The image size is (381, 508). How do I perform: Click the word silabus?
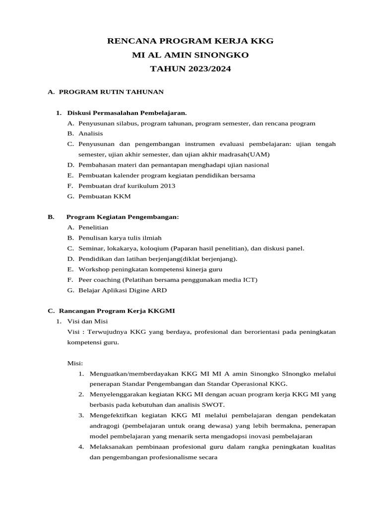point(128,123)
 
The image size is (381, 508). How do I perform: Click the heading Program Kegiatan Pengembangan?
point(123,217)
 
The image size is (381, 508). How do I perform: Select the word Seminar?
point(91,248)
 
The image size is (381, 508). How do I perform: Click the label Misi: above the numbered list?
point(75,363)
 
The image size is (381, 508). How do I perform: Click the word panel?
point(295,248)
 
